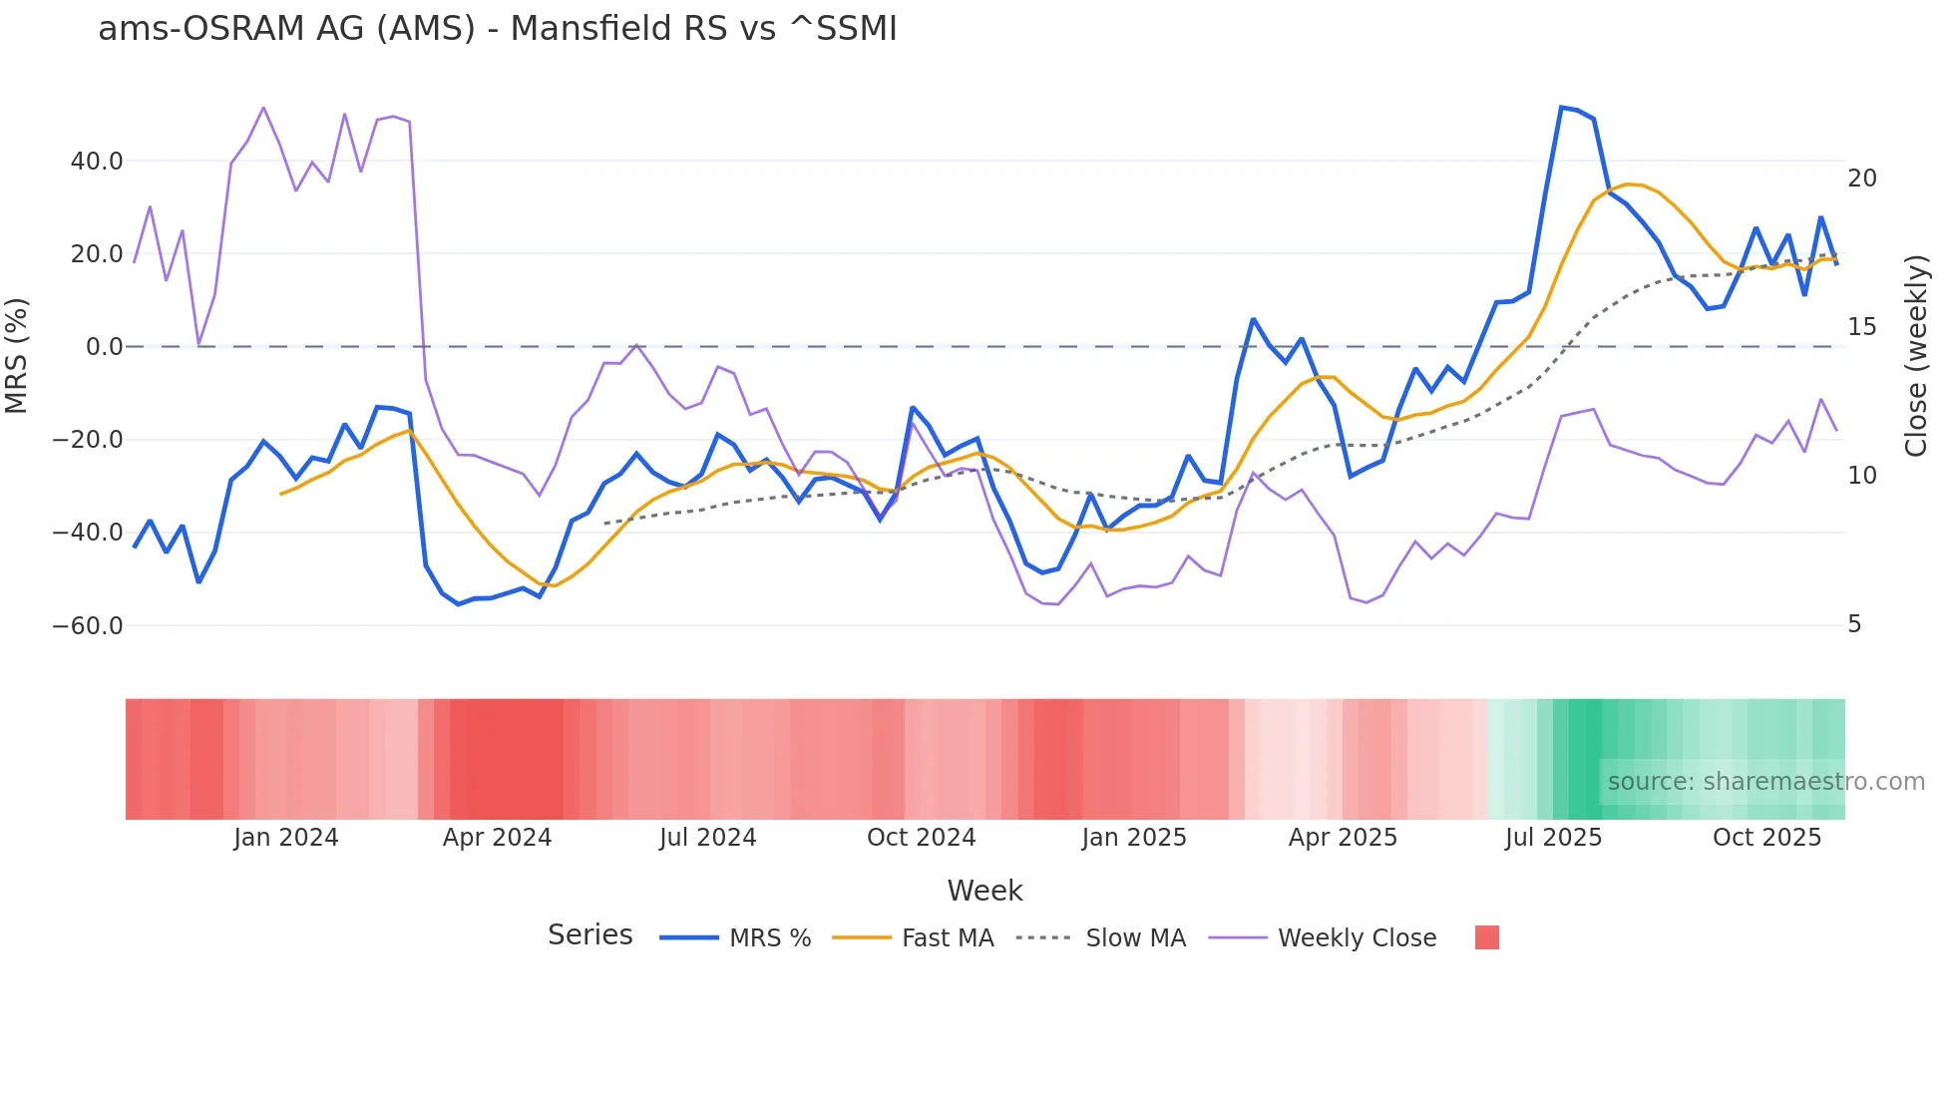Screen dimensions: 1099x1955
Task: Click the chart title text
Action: coord(498,29)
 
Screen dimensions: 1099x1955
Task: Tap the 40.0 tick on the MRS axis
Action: coord(97,162)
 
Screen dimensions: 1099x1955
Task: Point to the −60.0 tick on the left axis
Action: coord(88,626)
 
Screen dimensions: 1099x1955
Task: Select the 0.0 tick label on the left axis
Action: coord(105,347)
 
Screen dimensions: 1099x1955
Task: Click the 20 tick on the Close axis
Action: coord(1861,179)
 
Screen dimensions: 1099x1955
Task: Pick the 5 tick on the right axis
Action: coord(1854,624)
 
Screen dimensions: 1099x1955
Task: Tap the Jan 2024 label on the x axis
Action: coord(286,838)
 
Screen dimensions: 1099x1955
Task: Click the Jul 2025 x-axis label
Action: coord(1553,838)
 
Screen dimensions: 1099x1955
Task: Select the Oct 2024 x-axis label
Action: coord(921,838)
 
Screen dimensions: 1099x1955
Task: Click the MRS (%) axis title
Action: coord(17,356)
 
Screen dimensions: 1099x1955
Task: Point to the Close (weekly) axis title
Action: coord(1915,356)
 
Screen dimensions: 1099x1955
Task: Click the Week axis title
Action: coord(984,891)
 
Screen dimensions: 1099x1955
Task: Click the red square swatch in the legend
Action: coord(1486,937)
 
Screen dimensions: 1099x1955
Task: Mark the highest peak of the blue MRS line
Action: coord(1561,107)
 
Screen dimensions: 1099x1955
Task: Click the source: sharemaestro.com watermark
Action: coord(1765,782)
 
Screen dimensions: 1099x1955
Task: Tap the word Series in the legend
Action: coord(589,935)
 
